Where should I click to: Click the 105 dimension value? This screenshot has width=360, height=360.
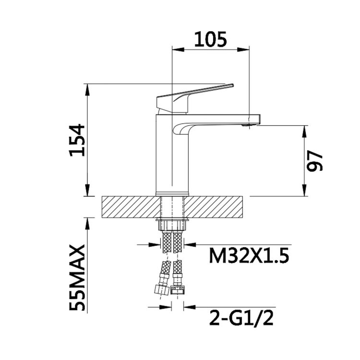point(211,39)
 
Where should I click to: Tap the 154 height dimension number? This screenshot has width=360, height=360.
point(78,140)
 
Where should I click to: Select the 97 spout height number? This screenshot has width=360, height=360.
point(315,161)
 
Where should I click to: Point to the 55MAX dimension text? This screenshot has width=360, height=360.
point(78,278)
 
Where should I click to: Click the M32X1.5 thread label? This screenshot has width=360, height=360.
point(249,256)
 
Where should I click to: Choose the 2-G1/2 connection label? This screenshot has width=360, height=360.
point(241,318)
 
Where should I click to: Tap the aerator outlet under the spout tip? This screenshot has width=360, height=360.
point(249,125)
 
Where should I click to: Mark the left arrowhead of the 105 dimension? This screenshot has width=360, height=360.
point(178,49)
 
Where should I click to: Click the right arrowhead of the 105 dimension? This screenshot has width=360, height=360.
point(243,49)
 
